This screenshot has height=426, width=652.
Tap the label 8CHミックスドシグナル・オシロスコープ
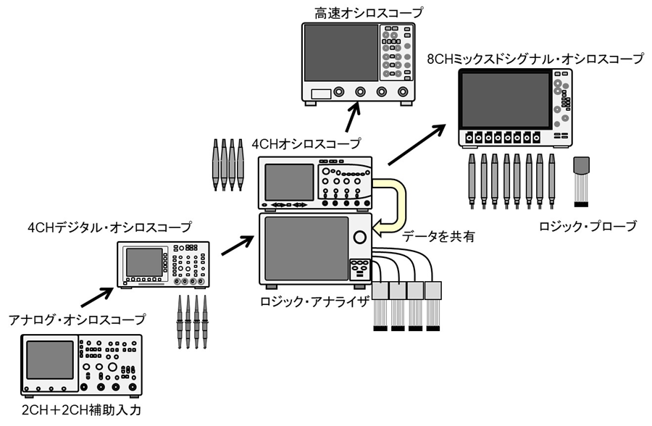535,59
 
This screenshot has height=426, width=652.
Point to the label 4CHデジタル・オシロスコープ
109,227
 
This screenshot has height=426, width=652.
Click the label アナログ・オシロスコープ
76,319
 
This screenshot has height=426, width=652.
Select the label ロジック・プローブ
588,226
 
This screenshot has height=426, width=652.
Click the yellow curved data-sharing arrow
391,206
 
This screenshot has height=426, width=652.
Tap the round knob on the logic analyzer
359,238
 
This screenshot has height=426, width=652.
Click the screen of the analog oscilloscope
50,360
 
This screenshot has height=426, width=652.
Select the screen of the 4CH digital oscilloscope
144,262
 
